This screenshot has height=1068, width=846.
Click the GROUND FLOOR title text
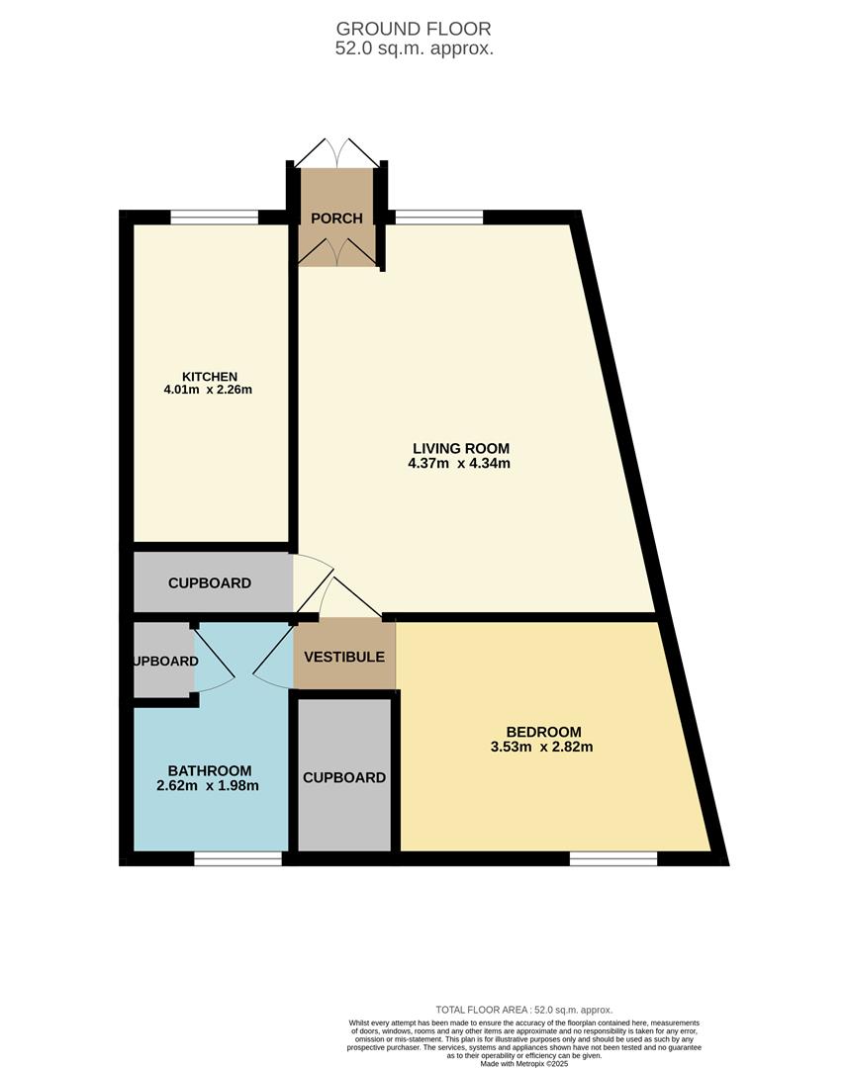414,29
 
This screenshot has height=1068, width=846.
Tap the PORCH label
336,219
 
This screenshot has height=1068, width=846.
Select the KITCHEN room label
209,376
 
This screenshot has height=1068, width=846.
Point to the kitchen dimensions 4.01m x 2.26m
209,390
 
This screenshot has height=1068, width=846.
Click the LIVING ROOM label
461,447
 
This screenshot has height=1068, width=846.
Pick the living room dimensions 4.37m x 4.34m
461,463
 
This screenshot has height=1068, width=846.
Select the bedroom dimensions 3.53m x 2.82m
544,747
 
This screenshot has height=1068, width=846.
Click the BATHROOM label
209,770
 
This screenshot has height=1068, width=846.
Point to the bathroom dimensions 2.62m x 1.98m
209,786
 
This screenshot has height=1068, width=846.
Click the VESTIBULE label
343,657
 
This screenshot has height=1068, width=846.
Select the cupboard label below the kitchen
209,583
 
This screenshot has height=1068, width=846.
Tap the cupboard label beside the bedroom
343,777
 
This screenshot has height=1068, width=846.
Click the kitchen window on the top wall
214,218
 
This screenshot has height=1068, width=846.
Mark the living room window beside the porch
439,218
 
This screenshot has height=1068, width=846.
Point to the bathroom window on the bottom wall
237,859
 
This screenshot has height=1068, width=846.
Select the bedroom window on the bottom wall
613,859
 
